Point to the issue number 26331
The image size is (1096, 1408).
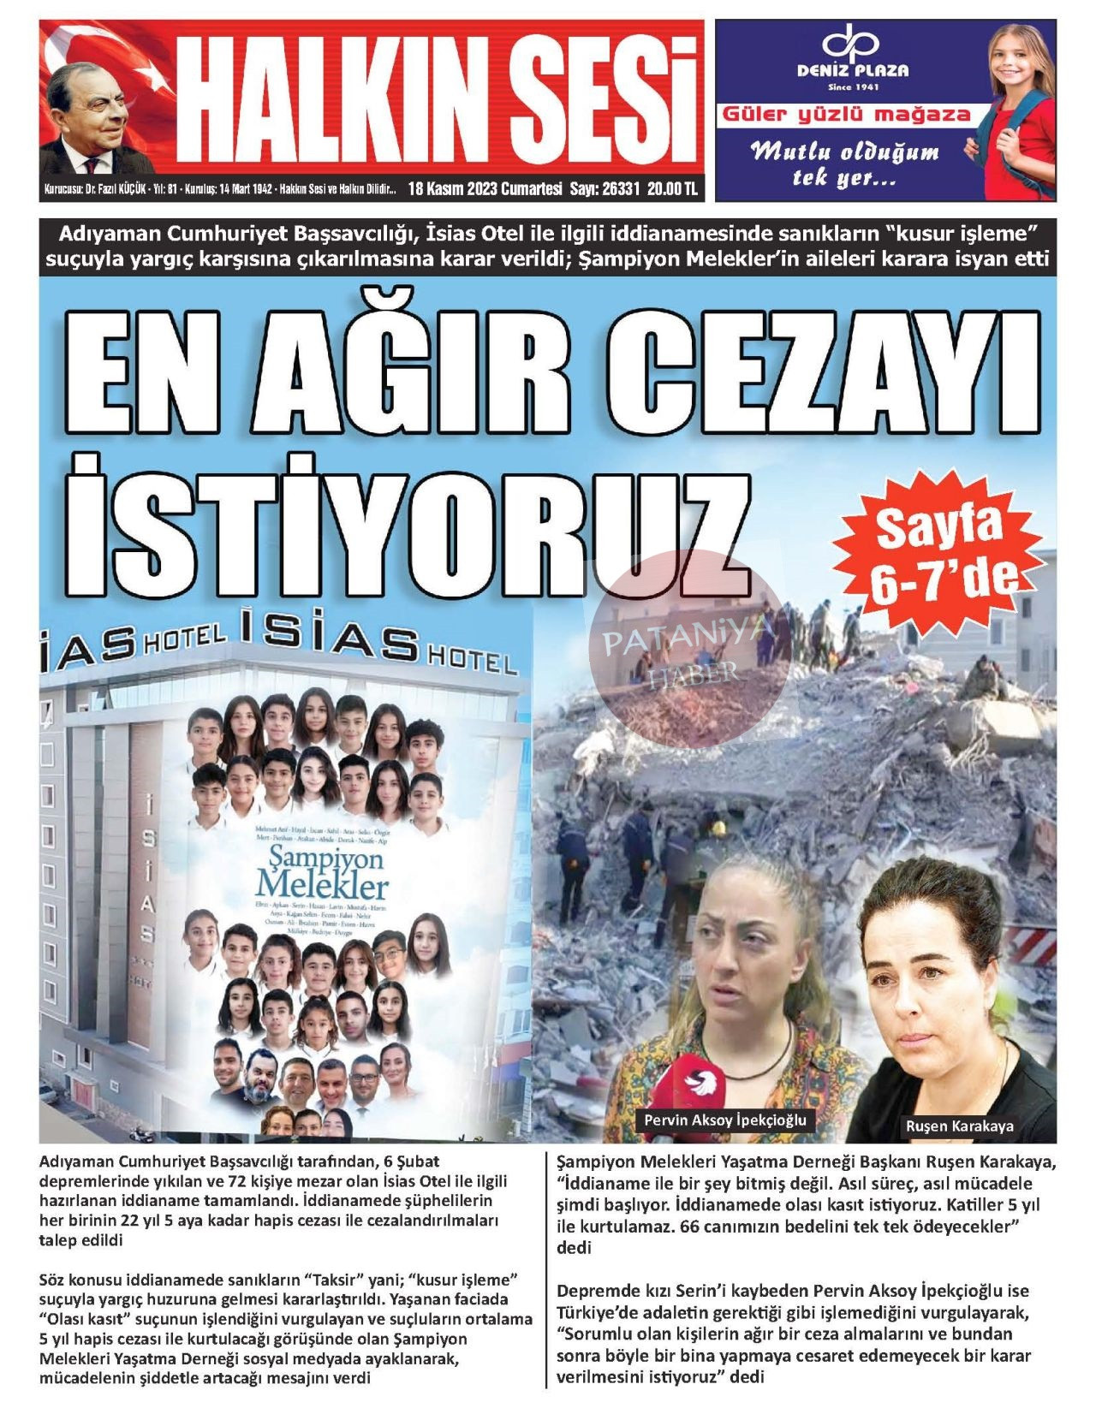621,189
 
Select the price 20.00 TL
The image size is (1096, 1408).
672,189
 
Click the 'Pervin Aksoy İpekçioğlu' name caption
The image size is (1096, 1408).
724,1120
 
